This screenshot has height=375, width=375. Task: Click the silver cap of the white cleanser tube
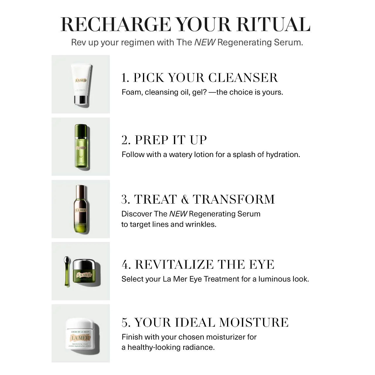click(x=80, y=100)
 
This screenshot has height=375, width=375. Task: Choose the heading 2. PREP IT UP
click(x=164, y=140)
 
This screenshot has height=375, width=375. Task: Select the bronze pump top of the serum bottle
click(x=80, y=192)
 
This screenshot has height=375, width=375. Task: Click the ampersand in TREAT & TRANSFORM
click(x=185, y=200)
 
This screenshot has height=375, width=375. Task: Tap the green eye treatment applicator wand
click(x=67, y=271)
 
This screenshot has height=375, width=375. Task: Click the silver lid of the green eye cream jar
click(x=86, y=265)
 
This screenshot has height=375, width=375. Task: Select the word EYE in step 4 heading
click(x=262, y=265)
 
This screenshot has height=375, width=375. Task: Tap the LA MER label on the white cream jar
click(x=80, y=338)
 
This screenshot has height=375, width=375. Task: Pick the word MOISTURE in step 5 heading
click(x=254, y=323)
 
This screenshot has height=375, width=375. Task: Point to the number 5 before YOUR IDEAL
click(x=125, y=323)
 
